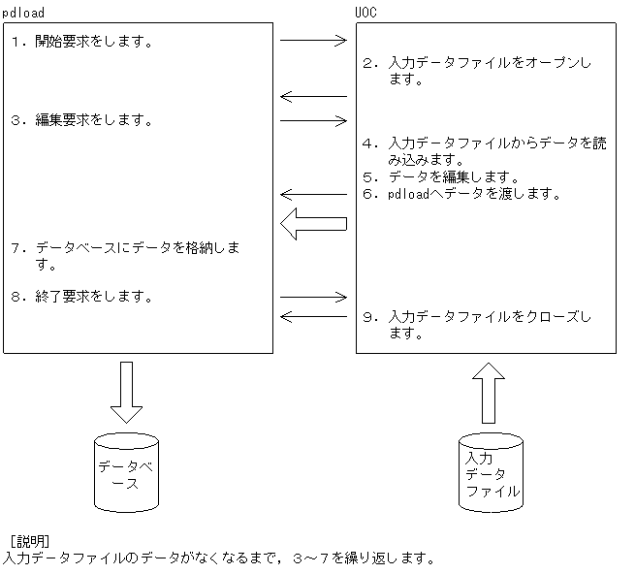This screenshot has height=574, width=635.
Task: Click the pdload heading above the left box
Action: [x=23, y=11]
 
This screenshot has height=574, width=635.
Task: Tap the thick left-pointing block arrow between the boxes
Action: [x=312, y=224]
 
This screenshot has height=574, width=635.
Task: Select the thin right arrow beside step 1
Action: [x=312, y=41]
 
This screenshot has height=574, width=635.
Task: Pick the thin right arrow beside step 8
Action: [x=312, y=297]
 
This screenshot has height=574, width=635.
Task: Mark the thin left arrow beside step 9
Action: [x=312, y=316]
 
